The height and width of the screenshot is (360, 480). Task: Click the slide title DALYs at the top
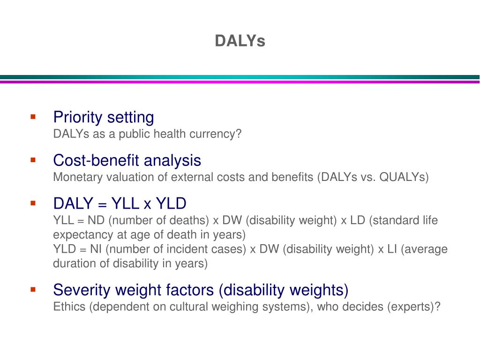(x=240, y=41)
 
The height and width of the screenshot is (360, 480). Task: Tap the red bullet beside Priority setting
(x=33, y=116)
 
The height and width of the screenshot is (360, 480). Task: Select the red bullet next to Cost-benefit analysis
(x=33, y=160)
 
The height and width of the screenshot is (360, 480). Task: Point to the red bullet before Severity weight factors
(x=33, y=290)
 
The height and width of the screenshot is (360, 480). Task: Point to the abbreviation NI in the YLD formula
(x=96, y=249)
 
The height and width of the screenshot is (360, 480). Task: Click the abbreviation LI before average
(x=393, y=249)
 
